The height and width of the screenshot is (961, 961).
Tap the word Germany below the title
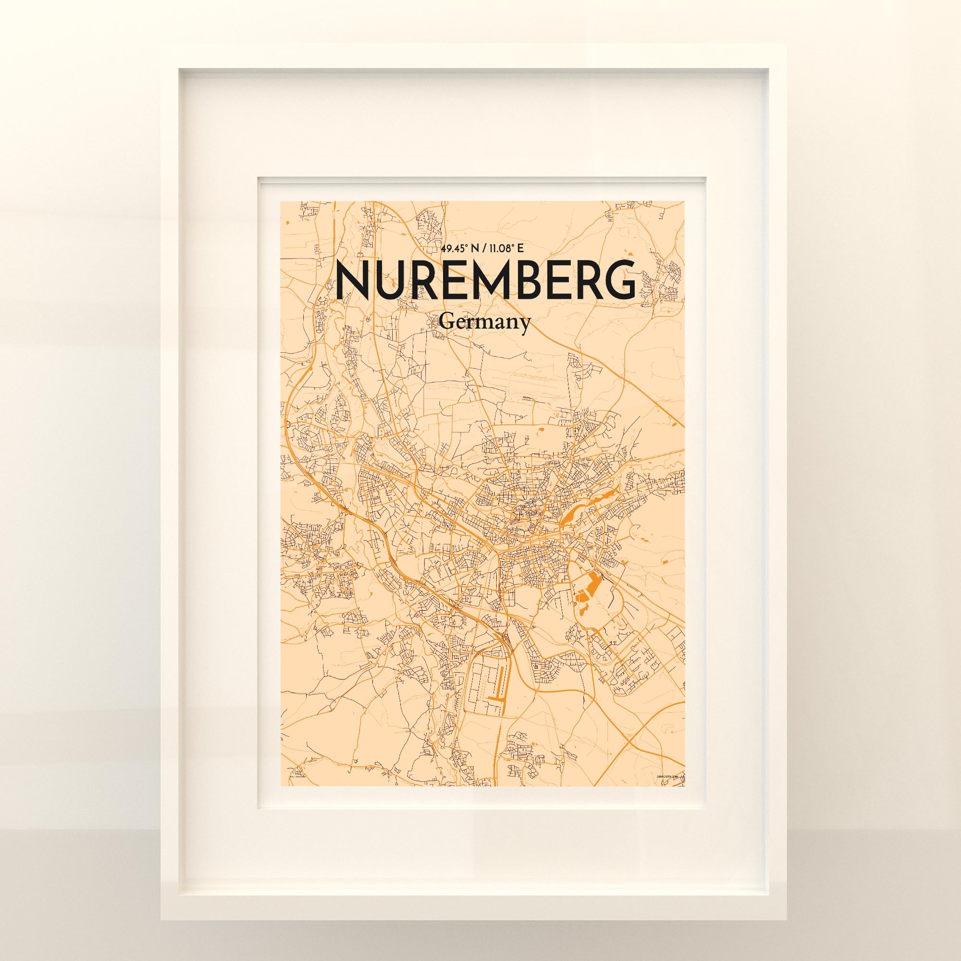coord(484,323)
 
